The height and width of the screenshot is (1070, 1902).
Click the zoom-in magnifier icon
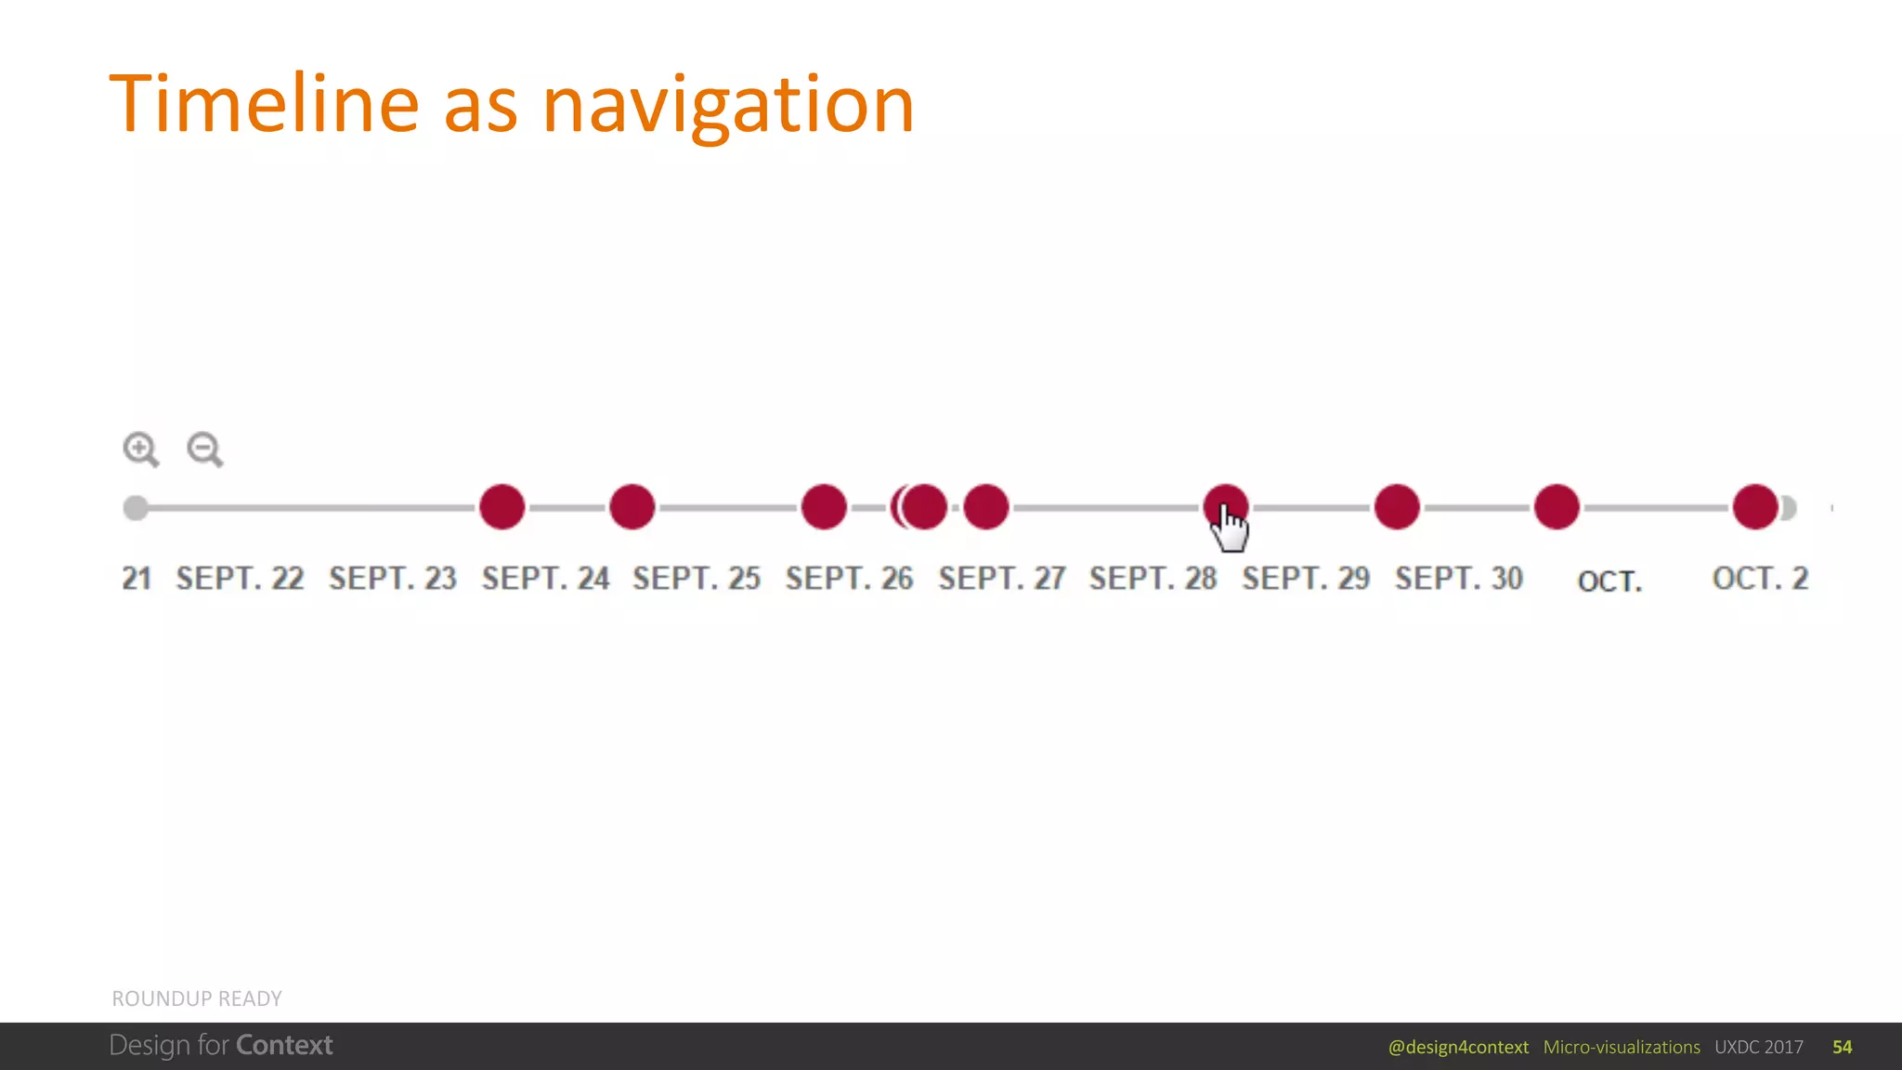(x=140, y=450)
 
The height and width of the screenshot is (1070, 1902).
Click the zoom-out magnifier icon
(x=204, y=450)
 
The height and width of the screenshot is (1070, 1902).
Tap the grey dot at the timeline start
(x=136, y=508)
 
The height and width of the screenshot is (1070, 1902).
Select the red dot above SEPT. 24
(x=502, y=507)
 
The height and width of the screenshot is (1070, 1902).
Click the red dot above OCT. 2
(x=1755, y=507)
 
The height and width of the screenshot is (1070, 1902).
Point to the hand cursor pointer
(x=1231, y=528)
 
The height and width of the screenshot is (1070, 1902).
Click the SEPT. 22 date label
(x=241, y=579)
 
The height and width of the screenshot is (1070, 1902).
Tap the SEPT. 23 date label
(x=393, y=579)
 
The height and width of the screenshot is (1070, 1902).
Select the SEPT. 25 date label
(x=697, y=579)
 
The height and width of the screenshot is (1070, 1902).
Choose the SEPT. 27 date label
(x=1002, y=579)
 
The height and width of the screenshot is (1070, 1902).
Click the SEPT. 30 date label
(x=1459, y=579)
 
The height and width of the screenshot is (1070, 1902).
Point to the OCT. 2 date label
(x=1760, y=579)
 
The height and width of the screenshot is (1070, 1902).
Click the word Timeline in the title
(x=265, y=104)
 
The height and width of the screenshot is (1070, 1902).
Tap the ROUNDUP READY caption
(x=197, y=998)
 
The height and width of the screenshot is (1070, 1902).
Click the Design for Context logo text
(x=221, y=1046)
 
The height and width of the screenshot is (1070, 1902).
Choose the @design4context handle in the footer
(x=1458, y=1048)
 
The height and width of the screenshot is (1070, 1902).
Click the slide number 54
(x=1843, y=1048)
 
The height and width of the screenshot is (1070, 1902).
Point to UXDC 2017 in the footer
(x=1759, y=1048)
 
